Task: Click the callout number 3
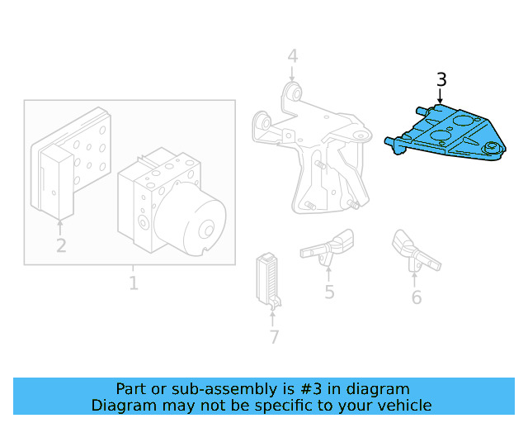point(441,79)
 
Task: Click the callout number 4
point(292,56)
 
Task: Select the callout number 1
point(133,283)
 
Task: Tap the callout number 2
point(61,245)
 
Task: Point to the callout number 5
point(329,292)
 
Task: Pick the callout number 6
point(417,297)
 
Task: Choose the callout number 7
point(274,337)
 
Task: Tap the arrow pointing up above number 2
point(61,225)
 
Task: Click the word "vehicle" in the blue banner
point(402,405)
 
